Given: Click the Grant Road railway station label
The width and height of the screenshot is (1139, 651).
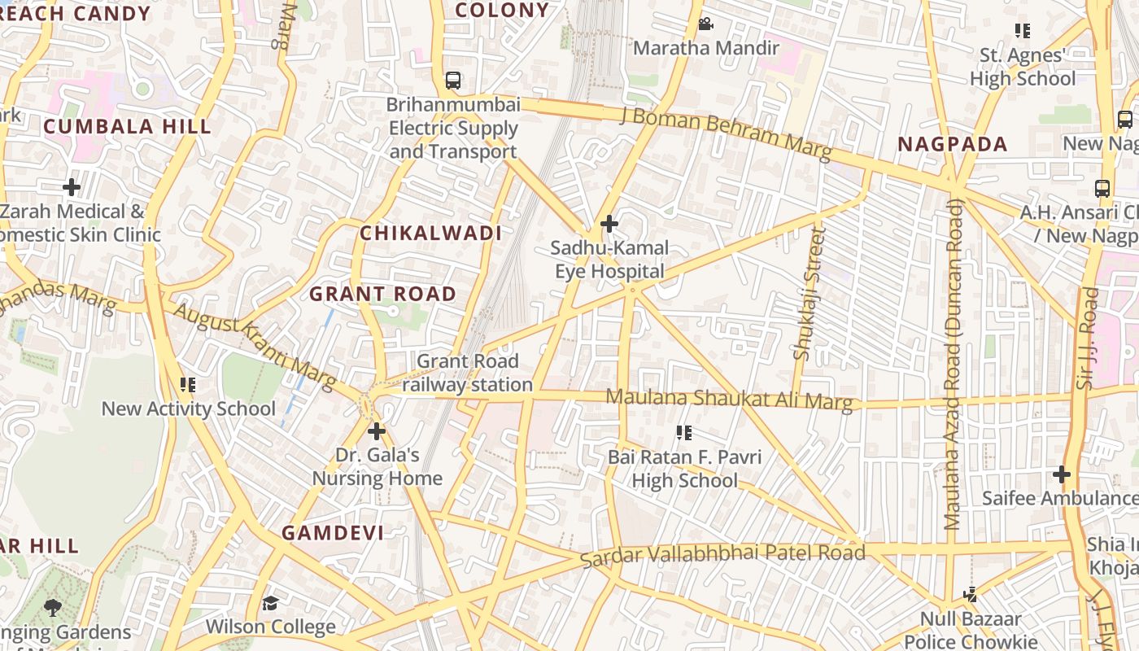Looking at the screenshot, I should [x=467, y=373].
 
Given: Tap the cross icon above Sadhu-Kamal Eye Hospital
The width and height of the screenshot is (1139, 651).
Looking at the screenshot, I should [x=609, y=224].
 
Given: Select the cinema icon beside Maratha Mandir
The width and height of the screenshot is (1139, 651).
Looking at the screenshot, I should [x=705, y=24].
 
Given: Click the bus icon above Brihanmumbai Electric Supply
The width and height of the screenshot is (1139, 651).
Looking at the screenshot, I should [x=453, y=81].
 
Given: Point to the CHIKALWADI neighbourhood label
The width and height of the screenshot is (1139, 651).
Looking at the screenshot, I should [x=430, y=234].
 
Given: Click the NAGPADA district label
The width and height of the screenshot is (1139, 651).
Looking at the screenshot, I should [x=952, y=145].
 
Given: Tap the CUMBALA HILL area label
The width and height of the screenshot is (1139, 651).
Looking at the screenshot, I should [x=127, y=127].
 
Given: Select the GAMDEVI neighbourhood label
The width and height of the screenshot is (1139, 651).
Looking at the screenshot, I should [x=333, y=533].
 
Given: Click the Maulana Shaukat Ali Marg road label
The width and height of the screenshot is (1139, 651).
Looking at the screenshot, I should [x=730, y=400].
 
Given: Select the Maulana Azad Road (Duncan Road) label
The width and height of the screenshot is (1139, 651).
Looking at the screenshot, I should [x=952, y=364].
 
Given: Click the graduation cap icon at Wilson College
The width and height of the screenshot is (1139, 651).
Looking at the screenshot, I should [x=270, y=603].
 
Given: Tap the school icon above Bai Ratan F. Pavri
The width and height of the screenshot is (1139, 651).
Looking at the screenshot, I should [x=684, y=433].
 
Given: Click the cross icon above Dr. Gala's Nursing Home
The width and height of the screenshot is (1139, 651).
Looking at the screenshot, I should [x=377, y=431].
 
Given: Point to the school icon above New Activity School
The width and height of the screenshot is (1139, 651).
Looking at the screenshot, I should [x=188, y=385].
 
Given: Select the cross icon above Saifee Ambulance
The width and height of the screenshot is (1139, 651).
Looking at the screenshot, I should [x=1061, y=474].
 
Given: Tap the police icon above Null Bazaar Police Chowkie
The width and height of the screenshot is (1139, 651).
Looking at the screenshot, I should [x=970, y=595].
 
